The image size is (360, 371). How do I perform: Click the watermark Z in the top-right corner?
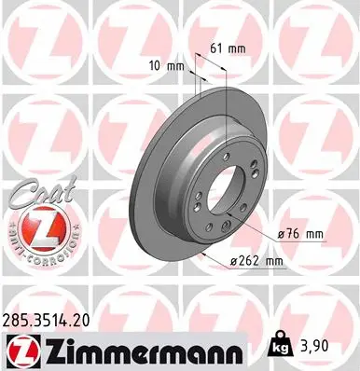click(317, 37)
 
